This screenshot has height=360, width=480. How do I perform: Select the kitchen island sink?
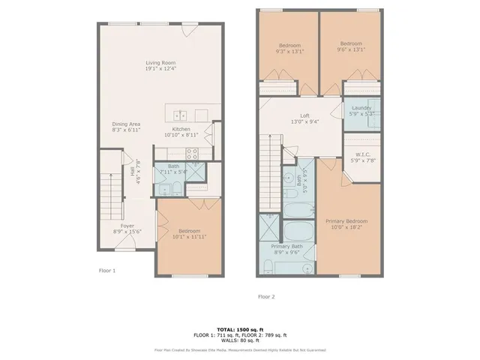click(180, 115)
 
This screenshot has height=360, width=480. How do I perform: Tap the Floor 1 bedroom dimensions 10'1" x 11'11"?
click(189, 237)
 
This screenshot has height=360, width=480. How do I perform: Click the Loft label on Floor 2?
click(304, 115)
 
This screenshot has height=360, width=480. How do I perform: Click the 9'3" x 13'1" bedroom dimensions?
click(289, 52)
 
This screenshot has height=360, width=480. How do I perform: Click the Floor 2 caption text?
click(266, 297)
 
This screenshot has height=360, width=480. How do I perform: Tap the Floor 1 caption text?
click(108, 270)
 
